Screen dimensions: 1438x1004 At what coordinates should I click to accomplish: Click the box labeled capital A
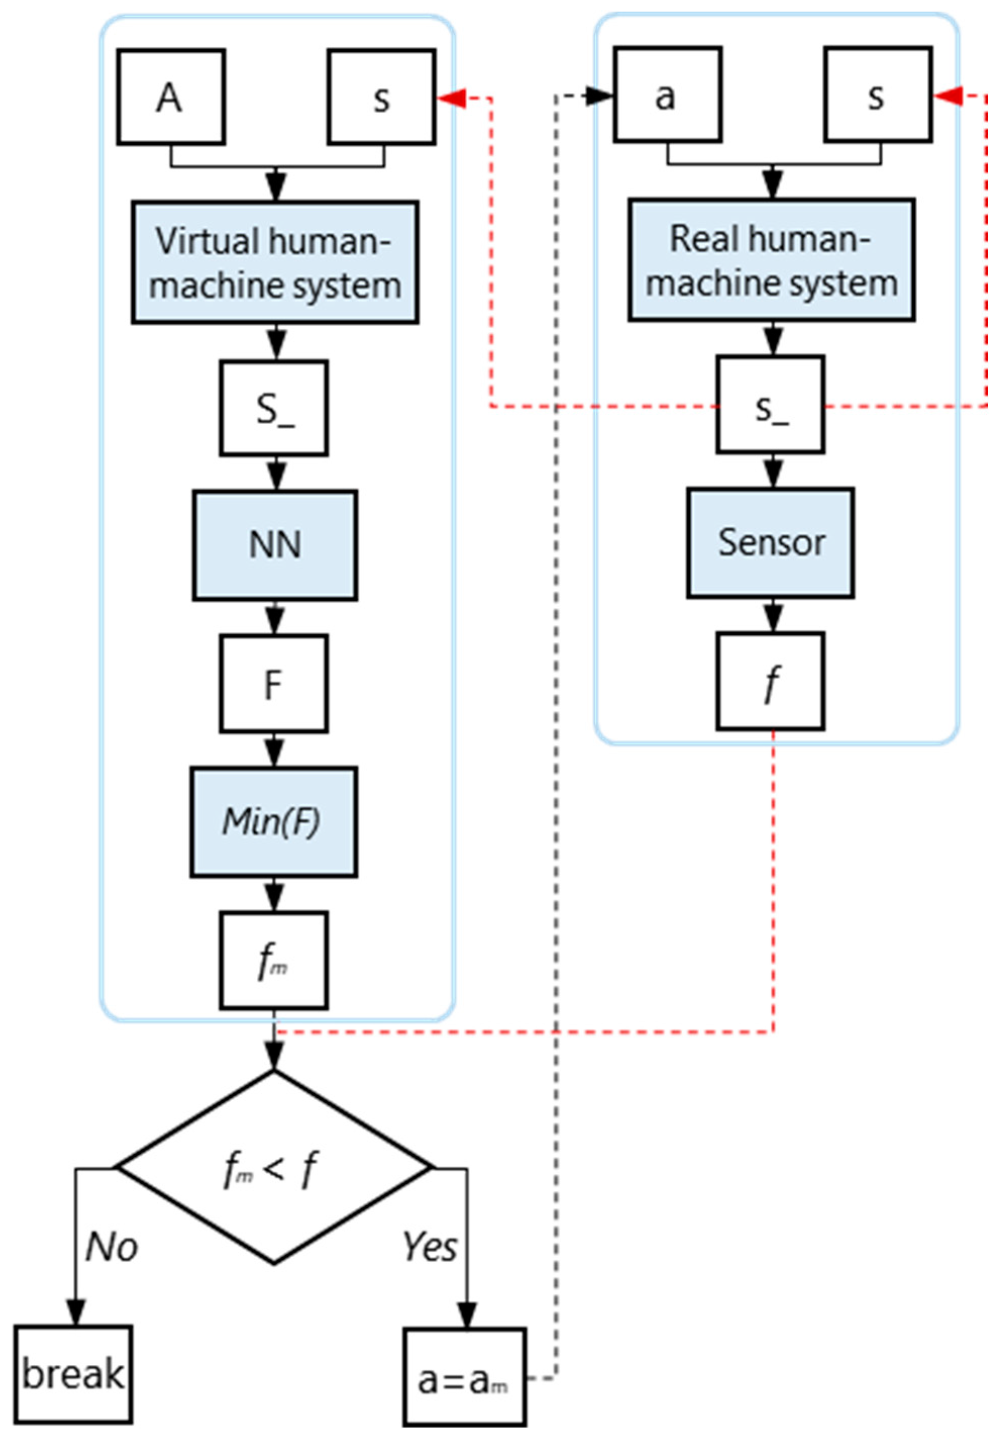point(171,97)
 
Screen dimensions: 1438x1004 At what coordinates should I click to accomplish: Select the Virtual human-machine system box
point(275,263)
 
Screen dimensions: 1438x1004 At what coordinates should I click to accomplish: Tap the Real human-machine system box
point(772,260)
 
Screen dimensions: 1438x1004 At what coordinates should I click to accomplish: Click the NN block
point(275,545)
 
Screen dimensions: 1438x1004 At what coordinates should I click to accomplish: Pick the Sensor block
point(770,542)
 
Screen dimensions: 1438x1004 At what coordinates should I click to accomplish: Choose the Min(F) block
point(273,821)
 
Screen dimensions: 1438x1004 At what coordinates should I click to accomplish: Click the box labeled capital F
point(273,684)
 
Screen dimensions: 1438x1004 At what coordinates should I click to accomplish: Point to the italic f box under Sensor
point(770,682)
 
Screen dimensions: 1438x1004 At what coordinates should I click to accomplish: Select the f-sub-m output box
point(273,960)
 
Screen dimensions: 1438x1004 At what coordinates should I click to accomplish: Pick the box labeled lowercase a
point(668,94)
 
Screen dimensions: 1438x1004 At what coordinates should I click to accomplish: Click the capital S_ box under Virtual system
point(273,408)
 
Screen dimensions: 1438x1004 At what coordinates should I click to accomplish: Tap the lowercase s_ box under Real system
point(770,404)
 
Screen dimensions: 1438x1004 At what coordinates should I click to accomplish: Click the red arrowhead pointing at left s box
point(451,98)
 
